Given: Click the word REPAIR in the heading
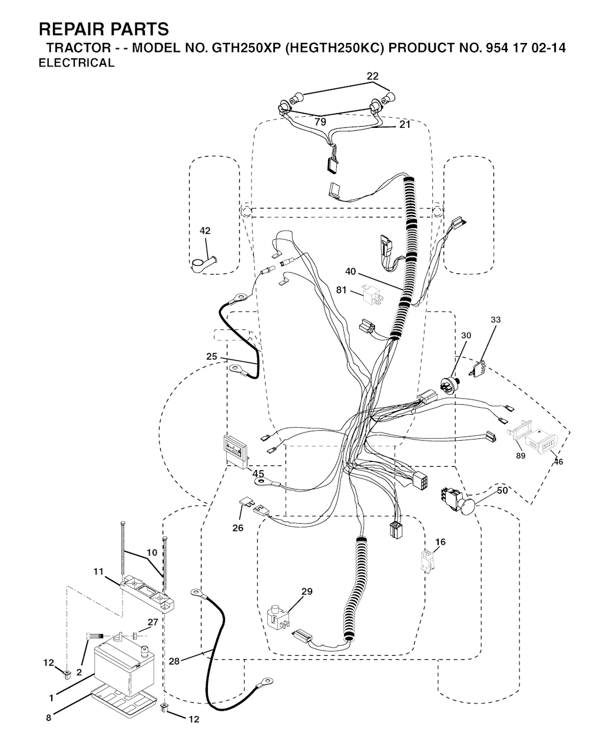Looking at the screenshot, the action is [71, 29].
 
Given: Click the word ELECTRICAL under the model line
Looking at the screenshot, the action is [77, 63].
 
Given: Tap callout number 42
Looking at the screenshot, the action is [205, 230].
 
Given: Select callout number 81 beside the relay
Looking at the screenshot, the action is [341, 290].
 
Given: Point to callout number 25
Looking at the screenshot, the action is [211, 356].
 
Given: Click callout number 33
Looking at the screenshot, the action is [496, 320].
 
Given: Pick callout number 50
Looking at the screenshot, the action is [502, 491].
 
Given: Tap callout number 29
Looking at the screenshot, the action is [307, 591].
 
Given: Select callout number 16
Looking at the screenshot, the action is [440, 542].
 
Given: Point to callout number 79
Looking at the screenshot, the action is [320, 122].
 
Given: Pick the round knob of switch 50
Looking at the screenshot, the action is [467, 507].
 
